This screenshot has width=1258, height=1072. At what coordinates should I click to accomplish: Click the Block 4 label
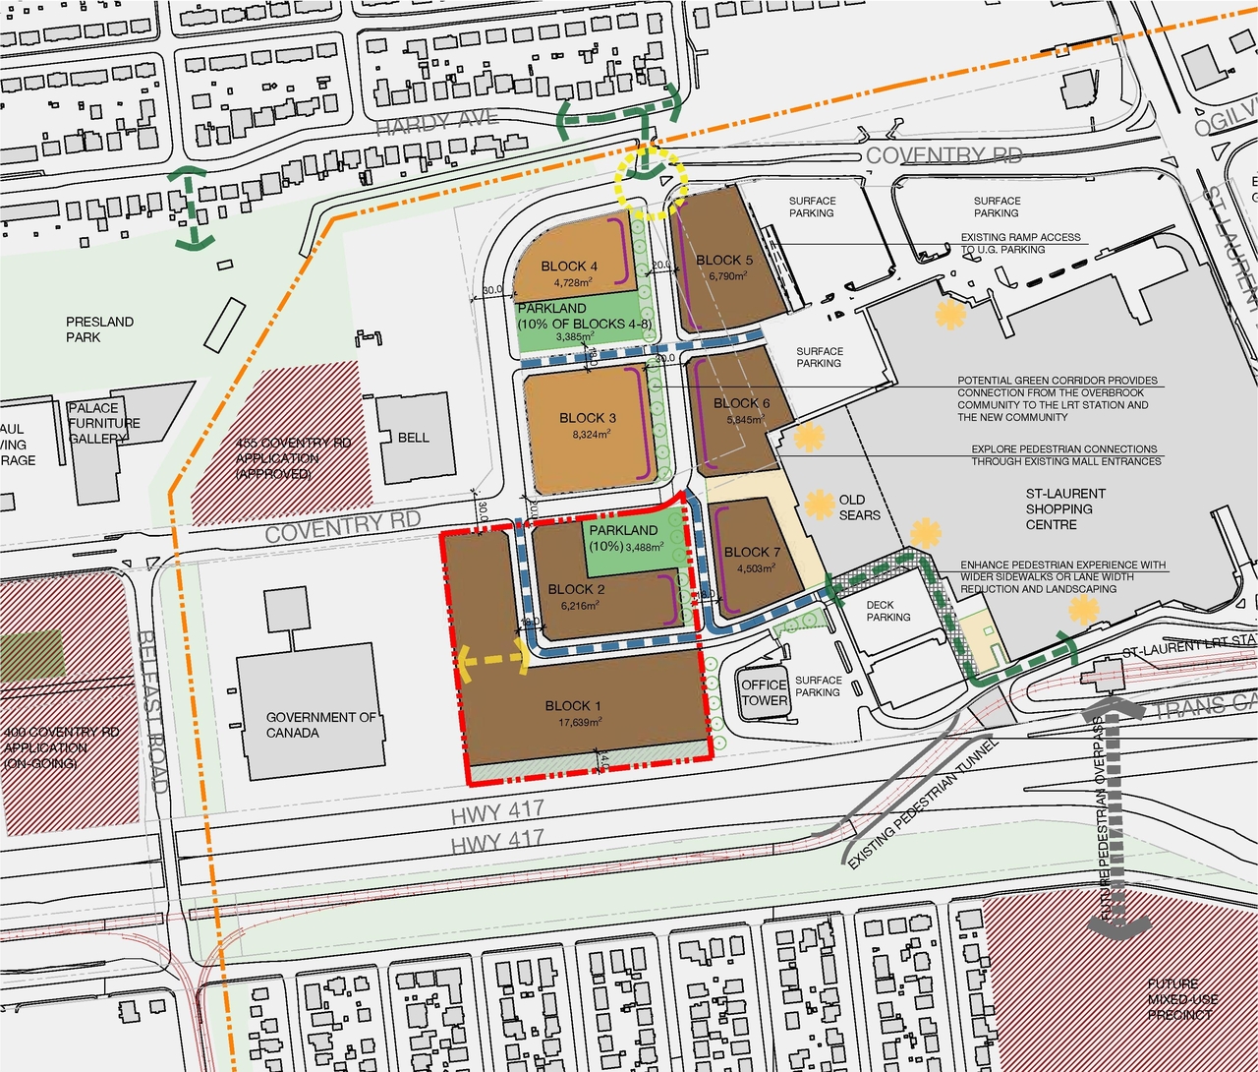pos(569,267)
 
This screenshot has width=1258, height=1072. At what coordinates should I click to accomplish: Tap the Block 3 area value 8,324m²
pos(588,433)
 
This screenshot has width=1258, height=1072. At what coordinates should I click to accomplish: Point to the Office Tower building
pos(765,692)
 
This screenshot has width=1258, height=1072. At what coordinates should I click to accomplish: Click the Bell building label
pos(413,437)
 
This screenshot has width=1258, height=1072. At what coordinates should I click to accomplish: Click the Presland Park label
pos(99,329)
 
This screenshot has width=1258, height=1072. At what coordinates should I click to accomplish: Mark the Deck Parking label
pos(888,611)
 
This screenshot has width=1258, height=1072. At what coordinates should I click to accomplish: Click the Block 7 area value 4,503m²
pos(752,567)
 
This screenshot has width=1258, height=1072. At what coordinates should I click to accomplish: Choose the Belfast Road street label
pos(155,712)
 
